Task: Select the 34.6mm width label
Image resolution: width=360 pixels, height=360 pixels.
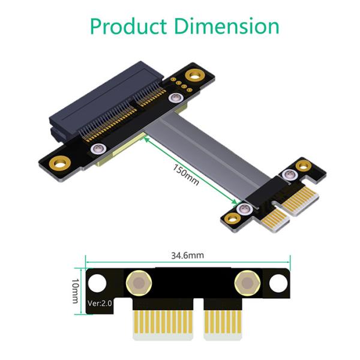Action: pos(187,256)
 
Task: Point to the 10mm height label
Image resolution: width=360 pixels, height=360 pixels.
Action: pos(75,290)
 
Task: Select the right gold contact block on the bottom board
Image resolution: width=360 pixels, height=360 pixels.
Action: pos(226,328)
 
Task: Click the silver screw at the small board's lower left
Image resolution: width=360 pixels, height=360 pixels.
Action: pos(243,209)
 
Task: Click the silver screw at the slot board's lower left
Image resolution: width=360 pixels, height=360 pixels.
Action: pos(95,149)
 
